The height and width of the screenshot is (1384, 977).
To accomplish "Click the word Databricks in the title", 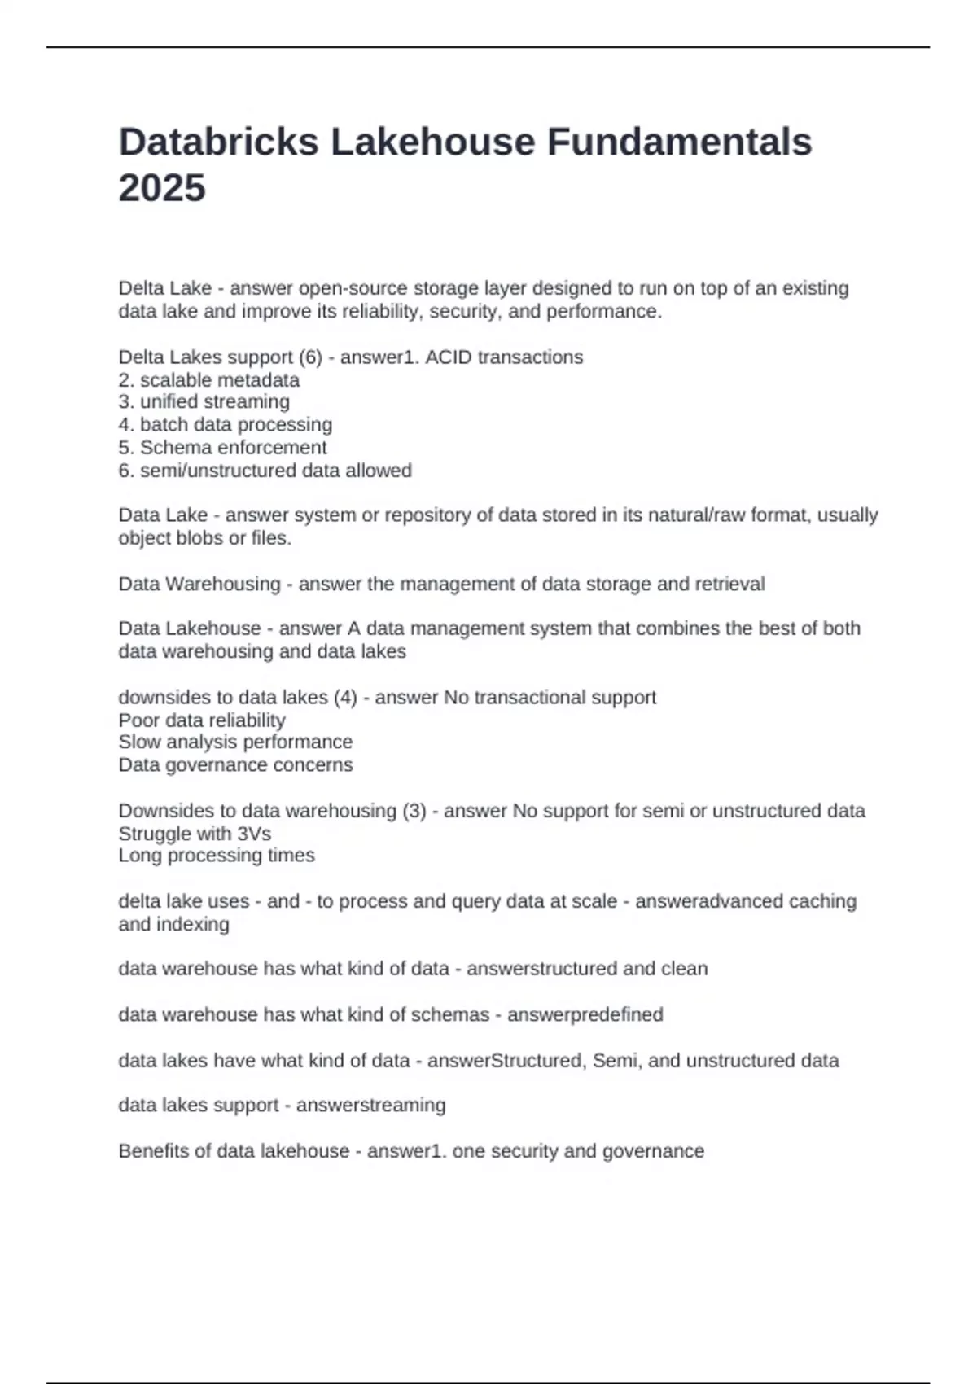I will click(218, 142).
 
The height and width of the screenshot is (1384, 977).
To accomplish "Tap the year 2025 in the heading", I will click(162, 188).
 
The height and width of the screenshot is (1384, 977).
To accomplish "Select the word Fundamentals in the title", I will click(679, 142).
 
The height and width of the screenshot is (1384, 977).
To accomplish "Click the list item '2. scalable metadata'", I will click(209, 380).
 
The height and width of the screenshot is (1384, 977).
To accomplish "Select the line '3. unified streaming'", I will click(204, 402).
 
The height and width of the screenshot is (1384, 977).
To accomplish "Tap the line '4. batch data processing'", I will click(226, 425).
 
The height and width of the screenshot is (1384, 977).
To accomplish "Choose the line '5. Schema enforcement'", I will click(223, 448).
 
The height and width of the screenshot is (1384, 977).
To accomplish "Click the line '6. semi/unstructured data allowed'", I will click(265, 471).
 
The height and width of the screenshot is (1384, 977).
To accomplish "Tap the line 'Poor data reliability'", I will click(202, 720).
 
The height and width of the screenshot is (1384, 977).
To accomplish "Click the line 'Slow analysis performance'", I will click(235, 742).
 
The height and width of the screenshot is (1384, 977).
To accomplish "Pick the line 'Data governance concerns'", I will click(235, 765).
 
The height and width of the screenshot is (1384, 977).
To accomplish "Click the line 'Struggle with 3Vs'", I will click(195, 834).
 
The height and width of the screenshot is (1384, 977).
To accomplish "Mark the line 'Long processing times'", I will click(217, 856).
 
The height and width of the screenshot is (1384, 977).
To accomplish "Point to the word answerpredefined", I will click(585, 1015).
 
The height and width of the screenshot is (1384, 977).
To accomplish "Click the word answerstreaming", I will click(370, 1106).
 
